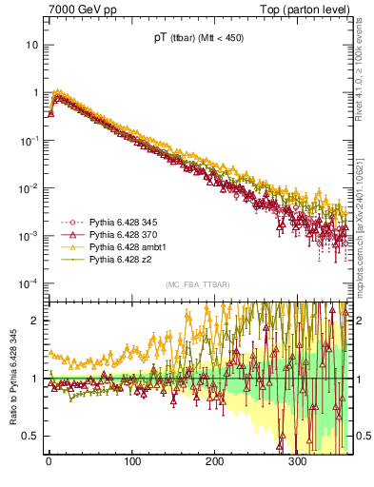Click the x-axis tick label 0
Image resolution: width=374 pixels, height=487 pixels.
click(x=49, y=462)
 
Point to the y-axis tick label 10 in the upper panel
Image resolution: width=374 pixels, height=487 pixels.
click(x=31, y=45)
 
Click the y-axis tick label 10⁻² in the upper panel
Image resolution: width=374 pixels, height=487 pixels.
click(x=30, y=187)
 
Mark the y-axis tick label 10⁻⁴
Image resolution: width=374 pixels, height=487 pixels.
click(x=30, y=282)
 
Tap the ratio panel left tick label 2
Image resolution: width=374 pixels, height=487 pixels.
click(x=35, y=321)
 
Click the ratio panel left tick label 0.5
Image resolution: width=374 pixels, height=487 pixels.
click(x=31, y=436)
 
